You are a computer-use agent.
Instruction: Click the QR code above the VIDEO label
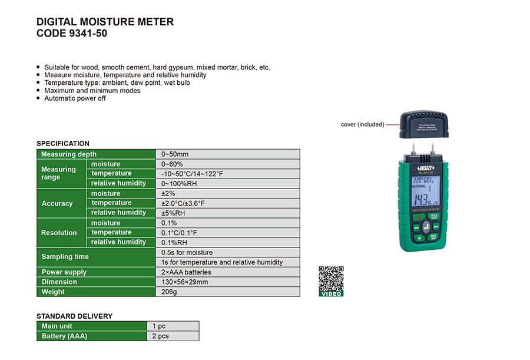click(x=331, y=278)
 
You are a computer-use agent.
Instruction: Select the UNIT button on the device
click(x=416, y=227)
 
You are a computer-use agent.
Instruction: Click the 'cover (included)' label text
click(x=362, y=124)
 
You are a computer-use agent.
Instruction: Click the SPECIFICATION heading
click(x=63, y=143)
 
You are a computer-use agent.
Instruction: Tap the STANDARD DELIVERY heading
click(x=74, y=316)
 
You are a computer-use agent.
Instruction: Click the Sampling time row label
click(x=65, y=257)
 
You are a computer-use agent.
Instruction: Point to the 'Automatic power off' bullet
click(x=75, y=98)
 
